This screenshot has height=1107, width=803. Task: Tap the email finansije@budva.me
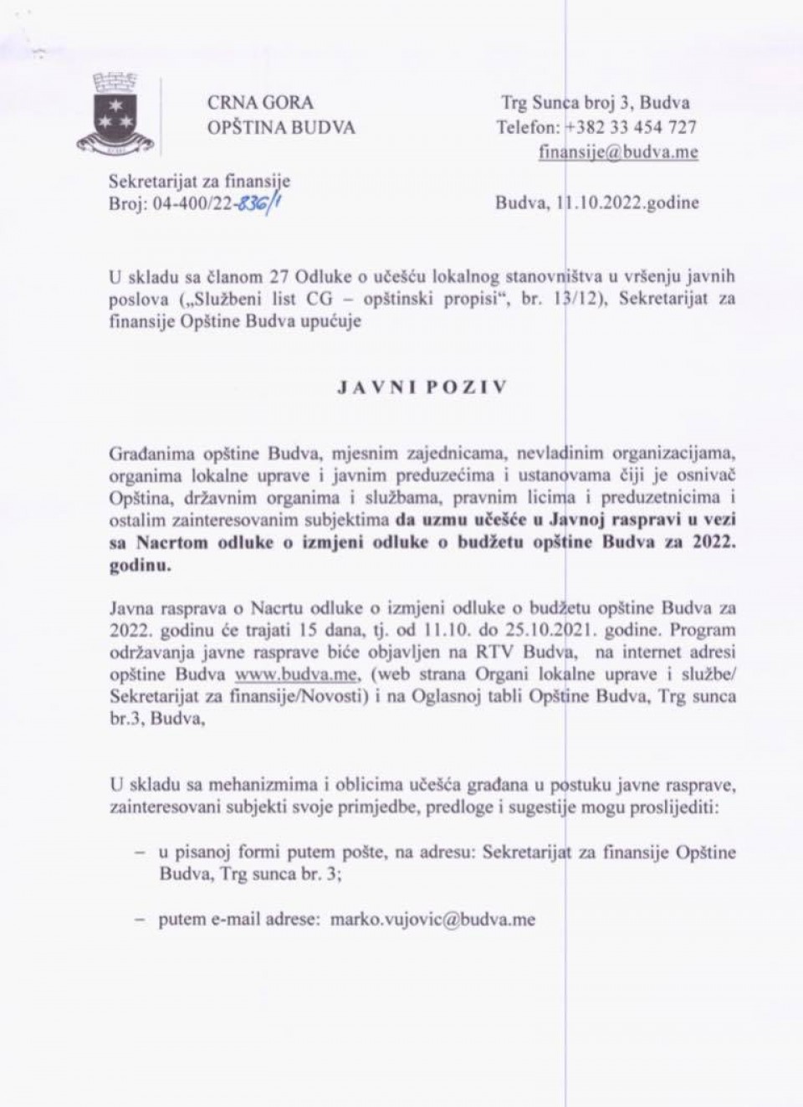click(x=618, y=152)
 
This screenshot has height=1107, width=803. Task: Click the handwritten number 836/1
click(x=260, y=202)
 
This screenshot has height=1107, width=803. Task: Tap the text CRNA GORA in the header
click(x=260, y=103)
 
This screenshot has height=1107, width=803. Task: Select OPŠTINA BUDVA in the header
click(x=281, y=127)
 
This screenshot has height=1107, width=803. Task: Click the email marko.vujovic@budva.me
click(x=432, y=919)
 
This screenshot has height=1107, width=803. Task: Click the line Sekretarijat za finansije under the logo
click(x=199, y=180)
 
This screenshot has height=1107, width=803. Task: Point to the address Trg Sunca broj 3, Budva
click(x=596, y=103)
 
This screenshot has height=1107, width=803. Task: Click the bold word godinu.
click(x=140, y=564)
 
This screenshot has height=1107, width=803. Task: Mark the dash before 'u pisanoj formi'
click(x=140, y=853)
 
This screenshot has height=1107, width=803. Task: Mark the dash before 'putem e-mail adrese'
click(x=140, y=919)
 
